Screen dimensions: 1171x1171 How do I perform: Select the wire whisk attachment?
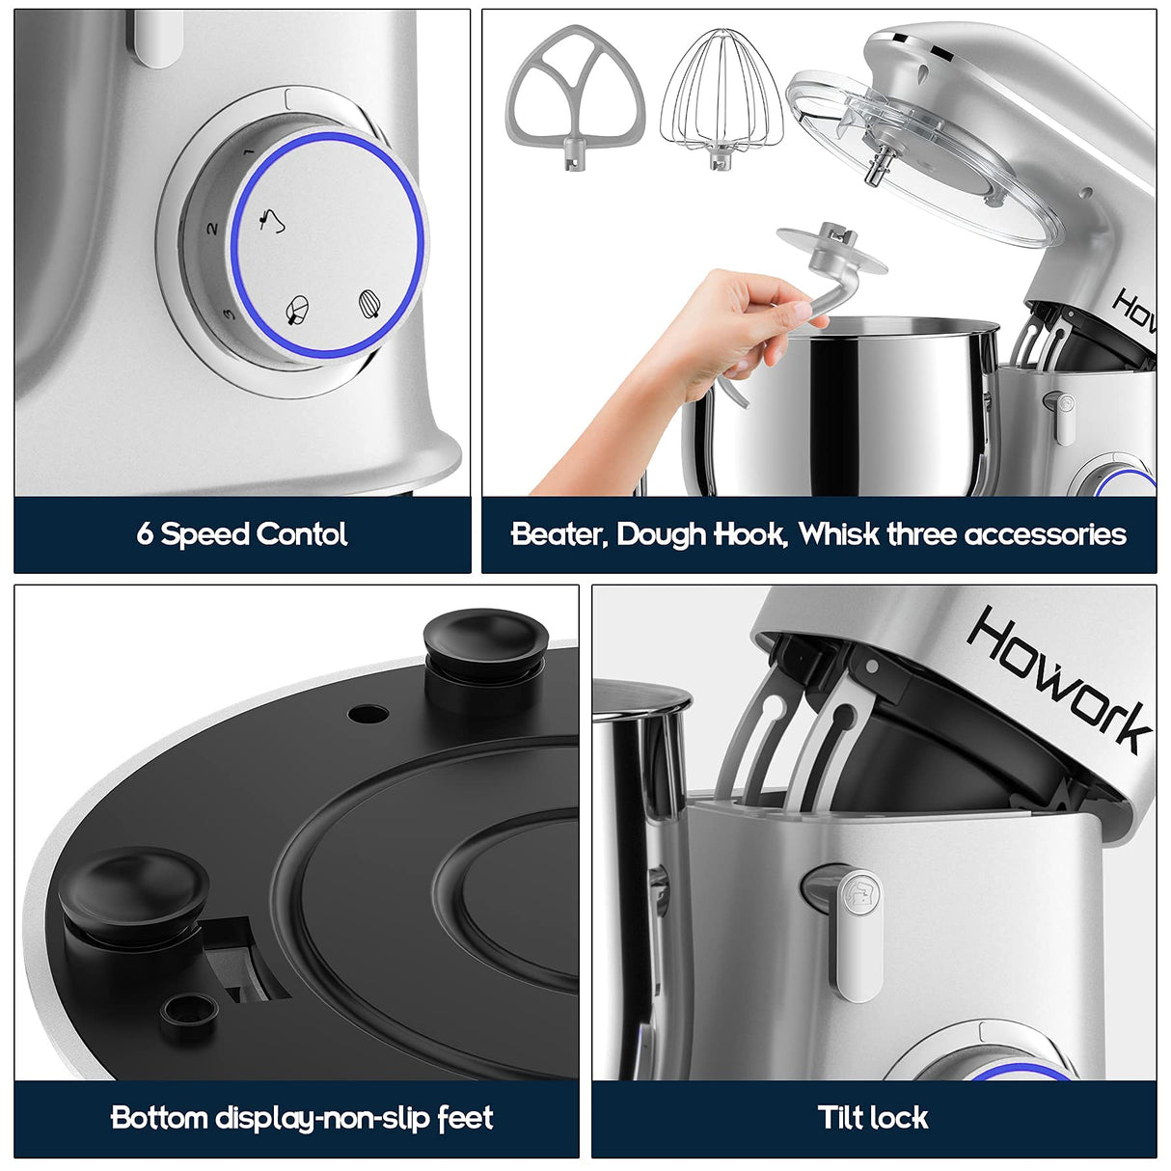[x=721, y=96]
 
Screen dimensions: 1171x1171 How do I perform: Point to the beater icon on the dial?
[x=298, y=310]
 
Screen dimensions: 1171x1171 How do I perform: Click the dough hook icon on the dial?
[x=273, y=222]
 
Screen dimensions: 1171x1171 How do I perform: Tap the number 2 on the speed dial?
[x=212, y=230]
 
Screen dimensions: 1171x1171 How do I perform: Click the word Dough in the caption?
[x=661, y=534]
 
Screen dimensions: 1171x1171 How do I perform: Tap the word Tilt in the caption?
[x=839, y=1117]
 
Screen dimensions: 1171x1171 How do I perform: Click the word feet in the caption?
[x=465, y=1118]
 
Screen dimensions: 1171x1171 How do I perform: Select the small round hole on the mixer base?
[x=368, y=714]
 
